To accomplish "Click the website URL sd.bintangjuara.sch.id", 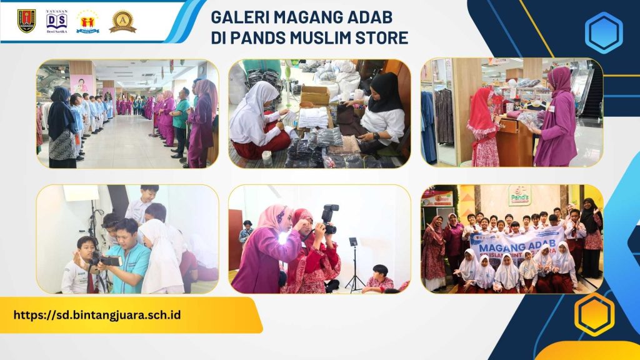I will [97, 314].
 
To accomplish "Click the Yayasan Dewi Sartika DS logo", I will [56, 21].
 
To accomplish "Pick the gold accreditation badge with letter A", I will [122, 21].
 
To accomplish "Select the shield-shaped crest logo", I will [26, 21].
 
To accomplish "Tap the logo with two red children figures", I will [88, 22].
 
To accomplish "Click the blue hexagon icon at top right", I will [603, 32].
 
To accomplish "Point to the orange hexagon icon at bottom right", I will [594, 314].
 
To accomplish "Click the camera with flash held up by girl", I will [329, 219].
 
